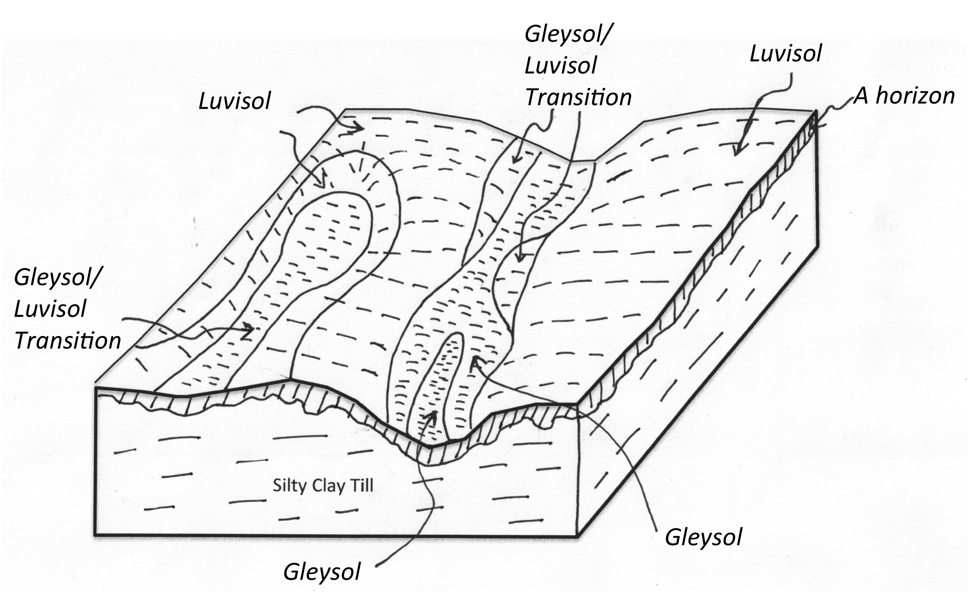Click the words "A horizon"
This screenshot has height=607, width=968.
click(904, 96)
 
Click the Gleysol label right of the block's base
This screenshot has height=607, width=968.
click(703, 538)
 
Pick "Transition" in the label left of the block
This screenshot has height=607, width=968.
click(68, 340)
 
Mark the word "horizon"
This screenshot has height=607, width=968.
click(915, 96)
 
